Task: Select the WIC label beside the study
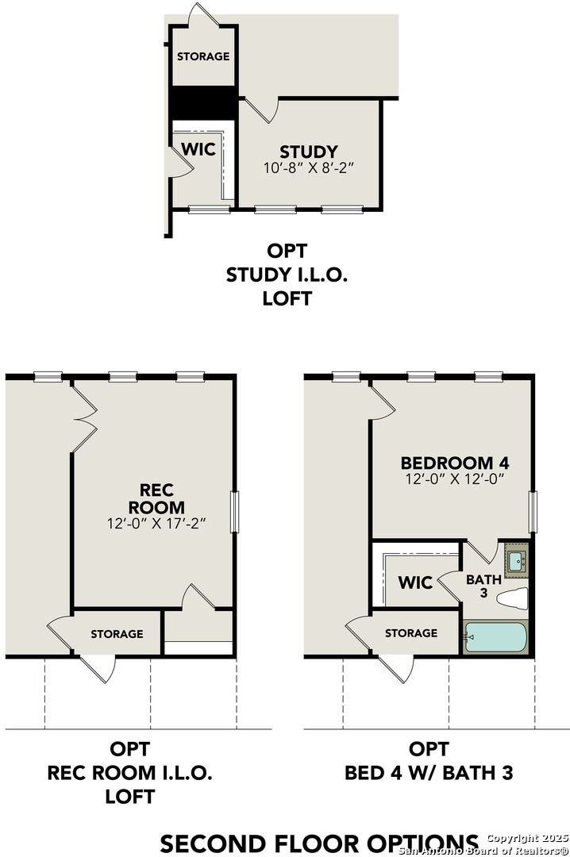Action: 198,149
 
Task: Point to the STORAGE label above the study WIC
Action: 203,56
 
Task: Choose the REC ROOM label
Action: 156,498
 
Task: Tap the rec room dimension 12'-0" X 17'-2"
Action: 156,524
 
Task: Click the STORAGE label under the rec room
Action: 117,633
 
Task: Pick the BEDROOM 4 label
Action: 454,463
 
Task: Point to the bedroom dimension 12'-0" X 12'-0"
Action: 454,479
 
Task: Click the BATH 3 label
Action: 483,586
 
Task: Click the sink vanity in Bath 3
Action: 516,559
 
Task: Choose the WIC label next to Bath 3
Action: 415,583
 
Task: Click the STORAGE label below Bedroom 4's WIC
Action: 411,632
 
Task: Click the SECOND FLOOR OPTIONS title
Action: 319,843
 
